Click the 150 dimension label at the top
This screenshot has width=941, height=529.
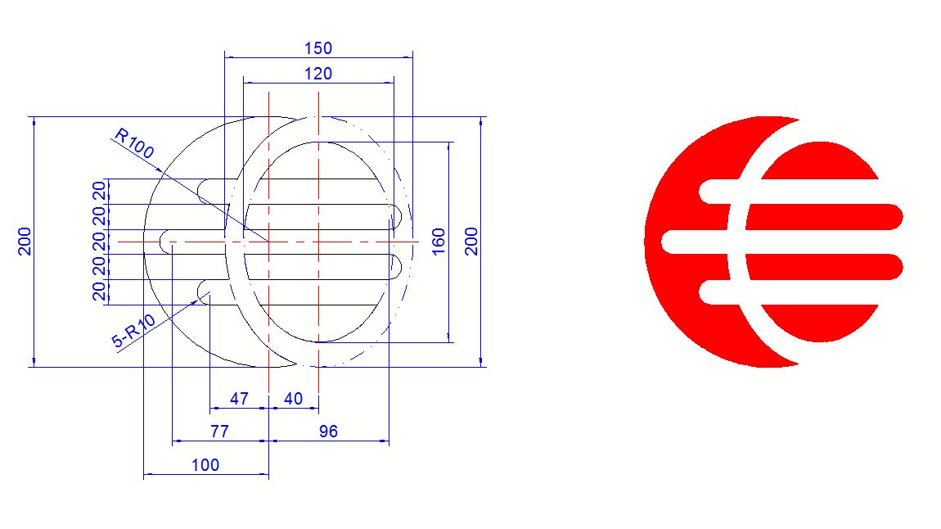(318, 48)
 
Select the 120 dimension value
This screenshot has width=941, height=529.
(318, 74)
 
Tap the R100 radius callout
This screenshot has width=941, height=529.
(134, 143)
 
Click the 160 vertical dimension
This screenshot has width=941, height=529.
(439, 242)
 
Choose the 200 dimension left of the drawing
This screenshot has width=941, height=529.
(25, 242)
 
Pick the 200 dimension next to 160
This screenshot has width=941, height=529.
(471, 242)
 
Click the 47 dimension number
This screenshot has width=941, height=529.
(239, 399)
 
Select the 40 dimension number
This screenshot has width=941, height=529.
(293, 399)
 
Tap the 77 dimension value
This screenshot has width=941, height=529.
(219, 432)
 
